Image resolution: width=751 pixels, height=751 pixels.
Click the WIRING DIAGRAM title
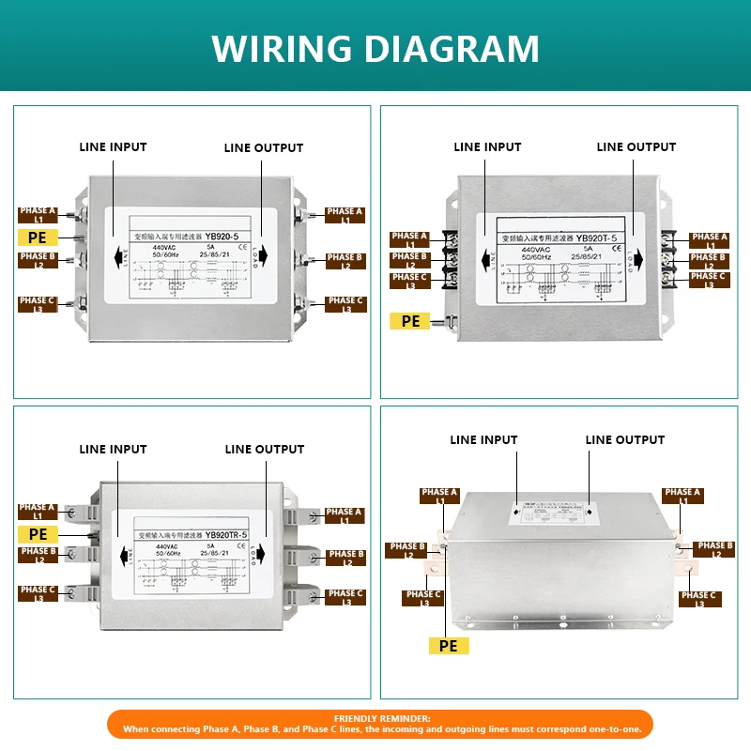point(375,48)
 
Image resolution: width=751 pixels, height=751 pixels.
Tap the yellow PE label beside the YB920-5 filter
point(38,238)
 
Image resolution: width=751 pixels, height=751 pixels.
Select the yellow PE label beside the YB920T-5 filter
point(410,321)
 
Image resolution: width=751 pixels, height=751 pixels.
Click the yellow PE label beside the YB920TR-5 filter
point(38,534)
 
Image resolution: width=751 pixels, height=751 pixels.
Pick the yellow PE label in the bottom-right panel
point(448,646)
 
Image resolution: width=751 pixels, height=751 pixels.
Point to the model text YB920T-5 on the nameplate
point(596,238)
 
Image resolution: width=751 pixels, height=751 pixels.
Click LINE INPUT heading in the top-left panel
point(113,147)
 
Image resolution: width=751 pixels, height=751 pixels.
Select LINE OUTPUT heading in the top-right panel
point(636,147)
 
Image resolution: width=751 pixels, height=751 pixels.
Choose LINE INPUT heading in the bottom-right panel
point(483,440)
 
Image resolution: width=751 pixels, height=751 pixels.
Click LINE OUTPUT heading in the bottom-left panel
point(265,450)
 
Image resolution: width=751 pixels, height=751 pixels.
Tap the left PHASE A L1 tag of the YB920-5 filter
point(38,216)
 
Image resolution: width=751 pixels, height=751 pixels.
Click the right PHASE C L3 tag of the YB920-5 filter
point(345,305)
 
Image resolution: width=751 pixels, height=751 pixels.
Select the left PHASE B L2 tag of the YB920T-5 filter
point(409,260)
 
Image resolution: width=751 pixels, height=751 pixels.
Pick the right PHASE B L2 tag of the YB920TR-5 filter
point(345,558)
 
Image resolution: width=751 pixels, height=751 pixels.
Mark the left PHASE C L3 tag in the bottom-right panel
point(423,598)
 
